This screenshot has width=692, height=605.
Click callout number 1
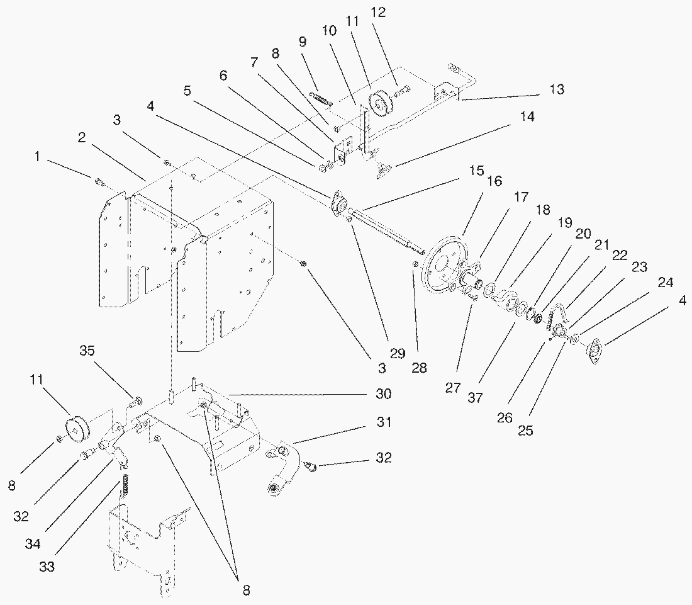[x=38, y=157]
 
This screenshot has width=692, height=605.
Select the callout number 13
[x=557, y=89]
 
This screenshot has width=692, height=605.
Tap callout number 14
[x=527, y=116]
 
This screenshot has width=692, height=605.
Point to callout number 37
[x=476, y=397]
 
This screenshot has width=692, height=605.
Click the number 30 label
[x=384, y=393]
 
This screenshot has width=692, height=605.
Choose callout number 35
[x=87, y=351]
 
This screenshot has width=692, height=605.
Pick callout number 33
[x=47, y=566]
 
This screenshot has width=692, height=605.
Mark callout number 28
[x=419, y=368]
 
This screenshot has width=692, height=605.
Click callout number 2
[x=82, y=137]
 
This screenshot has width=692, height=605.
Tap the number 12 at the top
[x=378, y=13]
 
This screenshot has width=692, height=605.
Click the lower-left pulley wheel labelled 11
[x=77, y=428]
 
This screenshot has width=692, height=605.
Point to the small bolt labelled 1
[x=99, y=181]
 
